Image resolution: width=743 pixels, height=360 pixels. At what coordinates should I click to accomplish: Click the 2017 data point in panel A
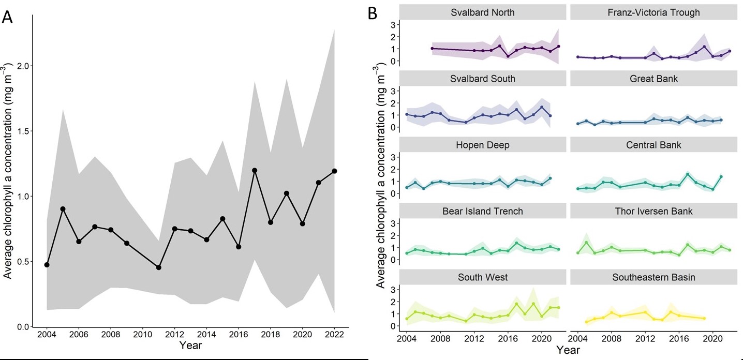[x=255, y=170]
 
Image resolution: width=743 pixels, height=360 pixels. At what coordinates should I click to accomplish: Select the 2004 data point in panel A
[x=47, y=265]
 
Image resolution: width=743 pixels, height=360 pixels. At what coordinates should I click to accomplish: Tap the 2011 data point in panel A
[x=159, y=267]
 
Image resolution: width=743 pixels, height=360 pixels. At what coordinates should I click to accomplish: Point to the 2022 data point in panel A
[x=334, y=171]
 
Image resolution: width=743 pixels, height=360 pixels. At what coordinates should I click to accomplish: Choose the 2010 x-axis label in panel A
[x=143, y=335]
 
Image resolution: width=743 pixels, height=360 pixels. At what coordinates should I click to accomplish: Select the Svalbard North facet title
[x=483, y=12]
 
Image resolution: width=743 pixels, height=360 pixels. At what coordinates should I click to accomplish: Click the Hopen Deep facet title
[x=483, y=145]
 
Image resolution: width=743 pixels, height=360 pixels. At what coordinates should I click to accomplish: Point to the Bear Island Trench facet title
[x=483, y=211]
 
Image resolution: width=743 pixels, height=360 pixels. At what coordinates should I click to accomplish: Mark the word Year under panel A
[x=191, y=346]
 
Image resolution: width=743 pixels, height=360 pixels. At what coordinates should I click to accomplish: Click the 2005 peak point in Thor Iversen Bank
[x=586, y=243]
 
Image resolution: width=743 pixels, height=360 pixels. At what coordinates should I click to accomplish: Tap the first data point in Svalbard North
[x=432, y=48]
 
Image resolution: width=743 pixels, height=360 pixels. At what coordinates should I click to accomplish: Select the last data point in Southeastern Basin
[x=704, y=318]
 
